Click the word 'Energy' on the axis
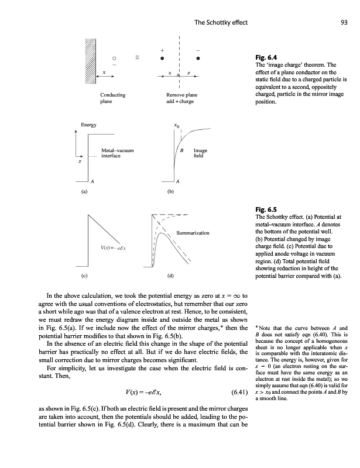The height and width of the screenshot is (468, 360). tap(89, 125)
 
